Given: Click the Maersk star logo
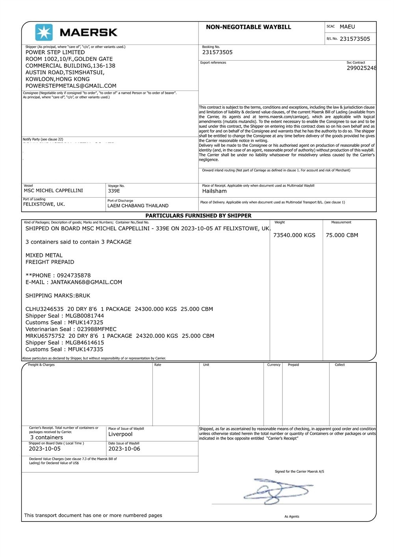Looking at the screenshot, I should (x=44, y=32).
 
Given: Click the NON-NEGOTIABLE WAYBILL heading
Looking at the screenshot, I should (x=248, y=27).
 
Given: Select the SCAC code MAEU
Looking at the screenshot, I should (x=347, y=27).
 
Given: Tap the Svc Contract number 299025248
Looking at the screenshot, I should (x=361, y=68).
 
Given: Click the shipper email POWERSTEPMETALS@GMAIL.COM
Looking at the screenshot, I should (x=71, y=86).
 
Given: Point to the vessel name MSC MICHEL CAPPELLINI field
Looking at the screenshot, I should (x=54, y=191).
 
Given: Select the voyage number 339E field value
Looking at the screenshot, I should (x=114, y=191).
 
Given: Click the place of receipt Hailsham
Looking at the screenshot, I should (x=214, y=191).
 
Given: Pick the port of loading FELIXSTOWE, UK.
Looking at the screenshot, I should (x=44, y=204).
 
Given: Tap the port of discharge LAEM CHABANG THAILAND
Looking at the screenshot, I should (x=138, y=205).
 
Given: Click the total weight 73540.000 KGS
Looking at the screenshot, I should (x=294, y=235).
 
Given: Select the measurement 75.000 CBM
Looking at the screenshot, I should (x=342, y=235).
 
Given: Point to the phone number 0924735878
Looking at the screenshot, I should (x=74, y=276).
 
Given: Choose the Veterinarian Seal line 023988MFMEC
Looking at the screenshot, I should (x=71, y=329).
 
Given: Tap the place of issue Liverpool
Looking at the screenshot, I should (x=121, y=434).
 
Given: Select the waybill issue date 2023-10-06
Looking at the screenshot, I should (x=124, y=449).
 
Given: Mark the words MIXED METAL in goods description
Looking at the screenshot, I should (x=44, y=255).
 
